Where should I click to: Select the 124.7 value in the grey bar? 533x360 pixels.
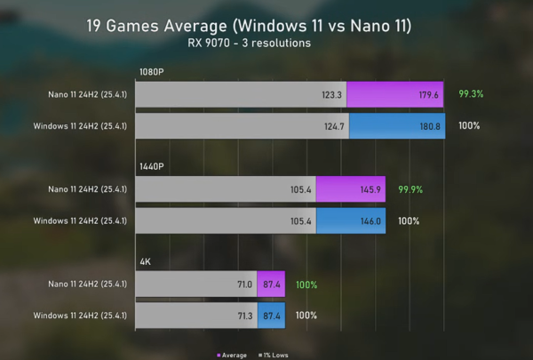(335, 125)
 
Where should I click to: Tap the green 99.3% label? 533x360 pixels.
(471, 93)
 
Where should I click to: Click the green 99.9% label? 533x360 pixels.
(410, 189)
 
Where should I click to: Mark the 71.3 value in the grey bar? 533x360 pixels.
(244, 316)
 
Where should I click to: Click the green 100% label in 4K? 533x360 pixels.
(306, 285)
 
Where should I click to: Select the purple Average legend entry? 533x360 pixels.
(234, 354)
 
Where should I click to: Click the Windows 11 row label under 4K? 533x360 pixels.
(80, 316)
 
